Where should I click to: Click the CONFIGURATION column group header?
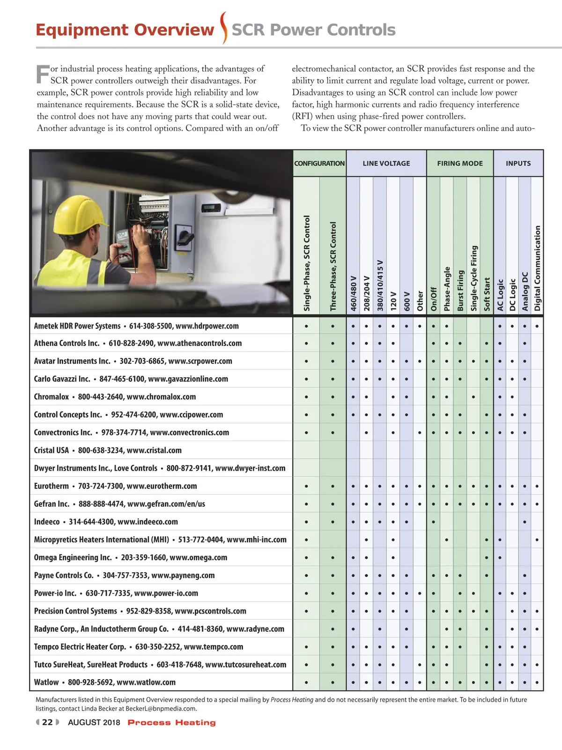[x=319, y=164]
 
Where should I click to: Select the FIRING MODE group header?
[x=459, y=164]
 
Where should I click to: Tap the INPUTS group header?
[x=518, y=164]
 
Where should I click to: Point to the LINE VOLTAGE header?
[x=386, y=164]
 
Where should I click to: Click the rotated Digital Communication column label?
[x=537, y=268]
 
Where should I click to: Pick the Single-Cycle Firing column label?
[x=474, y=278]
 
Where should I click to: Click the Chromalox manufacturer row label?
[x=115, y=397]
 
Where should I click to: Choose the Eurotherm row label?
[x=115, y=486]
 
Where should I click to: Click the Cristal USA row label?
[x=108, y=450]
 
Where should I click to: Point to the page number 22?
[x=47, y=722]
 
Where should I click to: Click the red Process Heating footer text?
[x=171, y=722]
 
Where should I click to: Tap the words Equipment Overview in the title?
[x=125, y=30]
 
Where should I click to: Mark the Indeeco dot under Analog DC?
[x=525, y=522]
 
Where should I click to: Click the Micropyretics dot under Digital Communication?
[x=537, y=540]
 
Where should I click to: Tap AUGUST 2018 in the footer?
[x=94, y=722]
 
